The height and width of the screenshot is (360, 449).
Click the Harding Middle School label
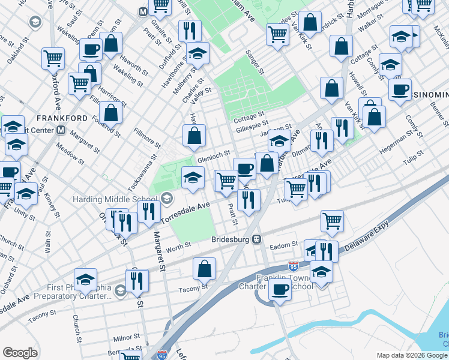[115, 199]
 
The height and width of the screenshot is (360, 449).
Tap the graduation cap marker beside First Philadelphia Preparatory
[86, 278]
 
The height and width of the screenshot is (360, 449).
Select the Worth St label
[178, 245]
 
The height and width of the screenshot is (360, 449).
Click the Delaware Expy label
[367, 232]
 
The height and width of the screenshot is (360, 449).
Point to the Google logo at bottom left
[20, 352]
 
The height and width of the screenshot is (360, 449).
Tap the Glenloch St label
[214, 155]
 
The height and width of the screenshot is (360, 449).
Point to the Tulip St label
[412, 157]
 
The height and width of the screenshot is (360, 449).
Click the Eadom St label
[286, 245]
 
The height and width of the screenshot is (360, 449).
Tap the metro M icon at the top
[143, 11]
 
